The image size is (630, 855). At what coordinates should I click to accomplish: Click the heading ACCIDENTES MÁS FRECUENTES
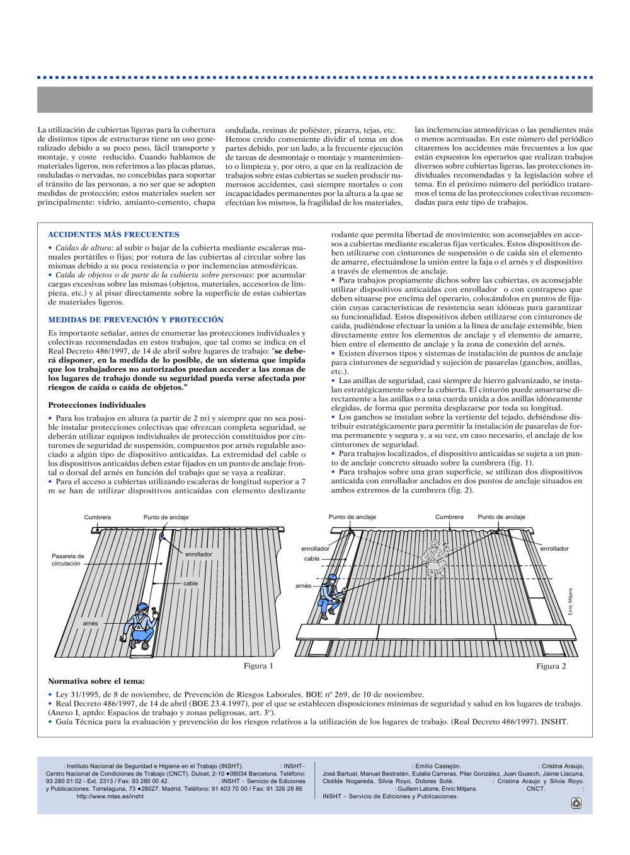pyautogui.click(x=113, y=234)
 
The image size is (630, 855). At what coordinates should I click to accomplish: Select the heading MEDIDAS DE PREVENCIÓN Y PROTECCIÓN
pyautogui.click(x=135, y=319)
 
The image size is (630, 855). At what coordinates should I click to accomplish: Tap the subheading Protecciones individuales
pyautogui.click(x=96, y=405)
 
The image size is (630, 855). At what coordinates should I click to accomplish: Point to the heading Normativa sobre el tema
pyautogui.click(x=96, y=681)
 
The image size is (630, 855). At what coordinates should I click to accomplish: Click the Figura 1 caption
pyautogui.click(x=258, y=666)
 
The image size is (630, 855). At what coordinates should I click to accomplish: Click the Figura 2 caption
pyautogui.click(x=551, y=666)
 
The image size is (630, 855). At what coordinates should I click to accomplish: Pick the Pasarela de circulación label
pyautogui.click(x=67, y=559)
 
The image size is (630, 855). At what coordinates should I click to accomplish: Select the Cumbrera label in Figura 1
pyautogui.click(x=98, y=517)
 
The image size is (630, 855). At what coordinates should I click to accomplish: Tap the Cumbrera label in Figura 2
pyautogui.click(x=449, y=517)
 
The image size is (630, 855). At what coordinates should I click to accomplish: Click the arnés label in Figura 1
pyautogui.click(x=90, y=623)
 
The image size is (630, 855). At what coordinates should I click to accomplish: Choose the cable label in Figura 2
pyautogui.click(x=312, y=559)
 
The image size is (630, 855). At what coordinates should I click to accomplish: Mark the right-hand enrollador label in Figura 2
pyautogui.click(x=554, y=549)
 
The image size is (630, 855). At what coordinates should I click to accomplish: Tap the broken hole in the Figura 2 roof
pyautogui.click(x=435, y=558)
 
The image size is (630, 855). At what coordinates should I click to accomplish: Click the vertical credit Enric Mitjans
pyautogui.click(x=571, y=601)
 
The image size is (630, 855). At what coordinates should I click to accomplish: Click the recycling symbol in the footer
pyautogui.click(x=576, y=803)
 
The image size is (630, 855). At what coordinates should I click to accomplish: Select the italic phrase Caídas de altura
pyautogui.click(x=83, y=248)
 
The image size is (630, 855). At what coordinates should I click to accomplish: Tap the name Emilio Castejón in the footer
pyautogui.click(x=438, y=766)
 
